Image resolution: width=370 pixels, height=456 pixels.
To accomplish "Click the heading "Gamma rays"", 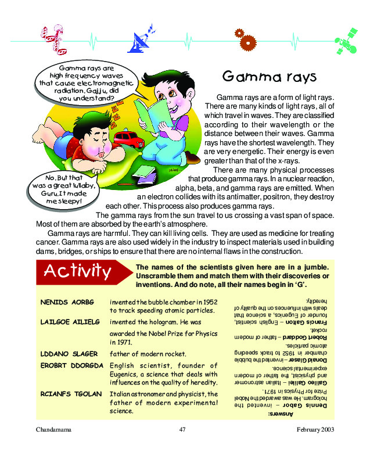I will (x=269, y=77).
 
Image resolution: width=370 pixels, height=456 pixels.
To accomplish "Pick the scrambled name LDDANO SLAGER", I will (x=66, y=354).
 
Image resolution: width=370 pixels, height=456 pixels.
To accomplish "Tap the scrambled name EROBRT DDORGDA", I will (x=71, y=365).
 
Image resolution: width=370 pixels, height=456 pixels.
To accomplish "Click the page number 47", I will (x=182, y=429).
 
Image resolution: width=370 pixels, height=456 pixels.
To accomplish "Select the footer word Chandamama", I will (x=53, y=429).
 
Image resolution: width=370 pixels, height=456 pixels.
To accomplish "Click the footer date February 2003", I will (x=315, y=429).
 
